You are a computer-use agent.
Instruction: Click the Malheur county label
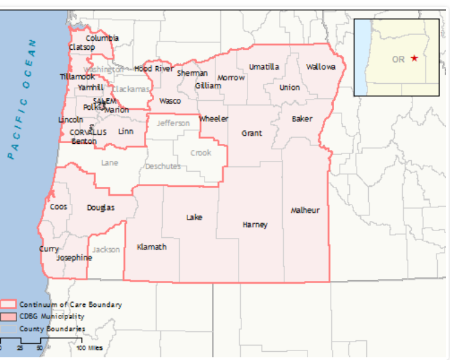pyautogui.click(x=305, y=210)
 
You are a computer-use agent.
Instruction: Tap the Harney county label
pyautogui.click(x=255, y=225)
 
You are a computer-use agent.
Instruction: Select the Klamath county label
pyautogui.click(x=151, y=247)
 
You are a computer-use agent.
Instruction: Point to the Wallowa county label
pyautogui.click(x=320, y=67)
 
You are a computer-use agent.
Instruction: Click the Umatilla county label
pyautogui.click(x=263, y=67)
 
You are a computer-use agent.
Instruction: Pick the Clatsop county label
pyautogui.click(x=82, y=48)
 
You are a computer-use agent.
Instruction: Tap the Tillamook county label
pyautogui.click(x=76, y=76)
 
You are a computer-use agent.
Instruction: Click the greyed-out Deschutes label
pyautogui.click(x=163, y=166)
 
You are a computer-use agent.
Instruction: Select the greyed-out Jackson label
pyautogui.click(x=106, y=250)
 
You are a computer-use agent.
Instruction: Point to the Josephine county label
pyautogui.click(x=74, y=258)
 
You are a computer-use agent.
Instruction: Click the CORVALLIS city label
pyautogui.click(x=88, y=132)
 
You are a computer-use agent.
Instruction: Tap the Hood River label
pyautogui.click(x=153, y=69)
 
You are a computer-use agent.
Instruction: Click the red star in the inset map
pyautogui.click(x=415, y=59)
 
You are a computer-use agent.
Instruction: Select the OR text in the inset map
pyautogui.click(x=398, y=59)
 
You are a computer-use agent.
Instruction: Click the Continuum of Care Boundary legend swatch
pyautogui.click(x=8, y=305)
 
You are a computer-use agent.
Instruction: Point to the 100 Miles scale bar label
pyautogui.click(x=89, y=348)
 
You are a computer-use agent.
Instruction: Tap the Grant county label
pyautogui.click(x=252, y=134)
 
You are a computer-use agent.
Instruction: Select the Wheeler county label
pyautogui.click(x=213, y=119)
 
